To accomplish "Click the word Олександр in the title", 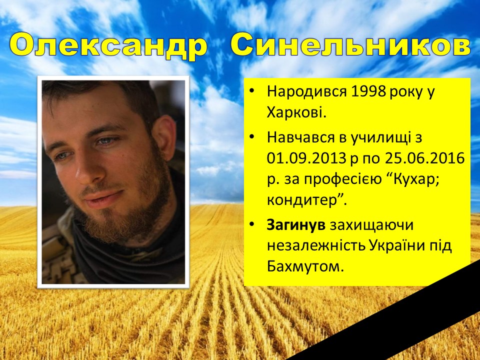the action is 108,46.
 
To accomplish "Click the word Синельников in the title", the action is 350,46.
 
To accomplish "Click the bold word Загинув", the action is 296,225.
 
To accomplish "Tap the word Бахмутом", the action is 303,266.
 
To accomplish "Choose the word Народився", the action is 307,92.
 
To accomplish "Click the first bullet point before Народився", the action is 251,91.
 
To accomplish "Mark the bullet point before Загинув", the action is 251,224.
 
